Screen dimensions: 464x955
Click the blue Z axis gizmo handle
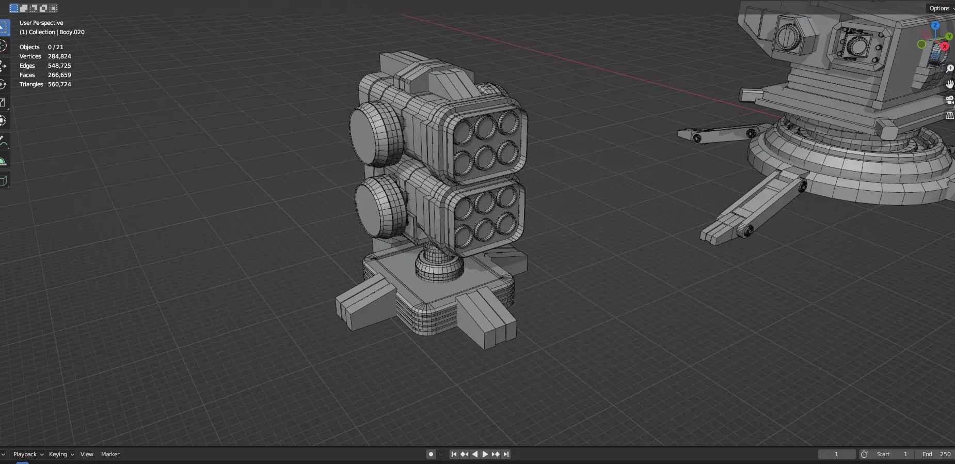(935, 25)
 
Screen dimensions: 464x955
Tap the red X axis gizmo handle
(944, 47)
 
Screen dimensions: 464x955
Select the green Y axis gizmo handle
(949, 37)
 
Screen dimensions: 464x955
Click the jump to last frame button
(506, 454)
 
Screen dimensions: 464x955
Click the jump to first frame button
(454, 454)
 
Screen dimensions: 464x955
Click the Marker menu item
(110, 454)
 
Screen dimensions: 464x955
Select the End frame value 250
(945, 454)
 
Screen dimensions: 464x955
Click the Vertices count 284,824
(59, 56)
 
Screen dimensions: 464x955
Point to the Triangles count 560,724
(59, 84)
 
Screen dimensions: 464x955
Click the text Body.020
(72, 32)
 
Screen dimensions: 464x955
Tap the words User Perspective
(41, 23)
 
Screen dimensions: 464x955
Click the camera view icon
(949, 100)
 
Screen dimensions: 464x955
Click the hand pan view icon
(949, 84)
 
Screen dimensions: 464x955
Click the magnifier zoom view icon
(950, 68)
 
